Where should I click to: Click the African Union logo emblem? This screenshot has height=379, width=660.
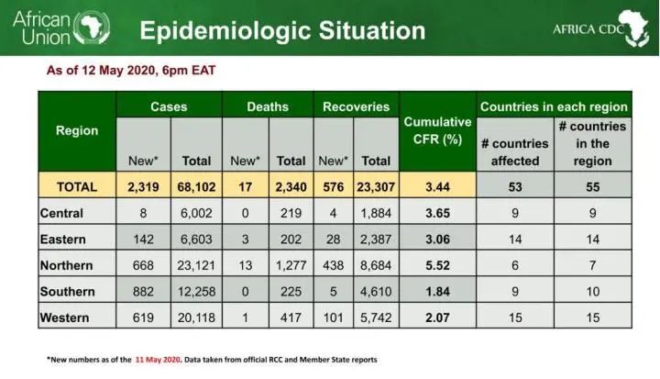(x=92, y=28)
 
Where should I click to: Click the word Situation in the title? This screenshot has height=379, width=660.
(x=371, y=31)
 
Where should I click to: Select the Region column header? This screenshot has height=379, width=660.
(x=77, y=130)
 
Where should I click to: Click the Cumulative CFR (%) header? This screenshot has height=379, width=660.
(x=437, y=130)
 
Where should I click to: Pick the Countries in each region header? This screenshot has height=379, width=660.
(x=554, y=106)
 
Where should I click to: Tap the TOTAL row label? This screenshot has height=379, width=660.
(x=77, y=187)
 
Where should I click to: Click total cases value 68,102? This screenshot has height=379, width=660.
(x=196, y=187)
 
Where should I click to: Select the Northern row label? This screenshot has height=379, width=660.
(x=67, y=265)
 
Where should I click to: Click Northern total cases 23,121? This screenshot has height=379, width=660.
(x=196, y=265)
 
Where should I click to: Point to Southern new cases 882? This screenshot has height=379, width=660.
(x=143, y=292)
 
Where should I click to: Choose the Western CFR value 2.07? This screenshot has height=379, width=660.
(x=437, y=318)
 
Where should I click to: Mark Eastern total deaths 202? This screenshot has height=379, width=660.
(x=291, y=240)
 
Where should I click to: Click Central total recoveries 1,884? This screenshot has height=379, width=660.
(x=376, y=213)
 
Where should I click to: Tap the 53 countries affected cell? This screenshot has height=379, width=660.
(x=515, y=187)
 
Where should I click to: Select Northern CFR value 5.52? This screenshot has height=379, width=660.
(x=437, y=265)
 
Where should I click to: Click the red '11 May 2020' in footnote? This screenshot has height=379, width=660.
(x=158, y=360)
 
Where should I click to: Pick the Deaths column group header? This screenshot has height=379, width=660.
(x=268, y=106)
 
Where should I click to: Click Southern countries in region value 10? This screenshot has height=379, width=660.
(x=593, y=292)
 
